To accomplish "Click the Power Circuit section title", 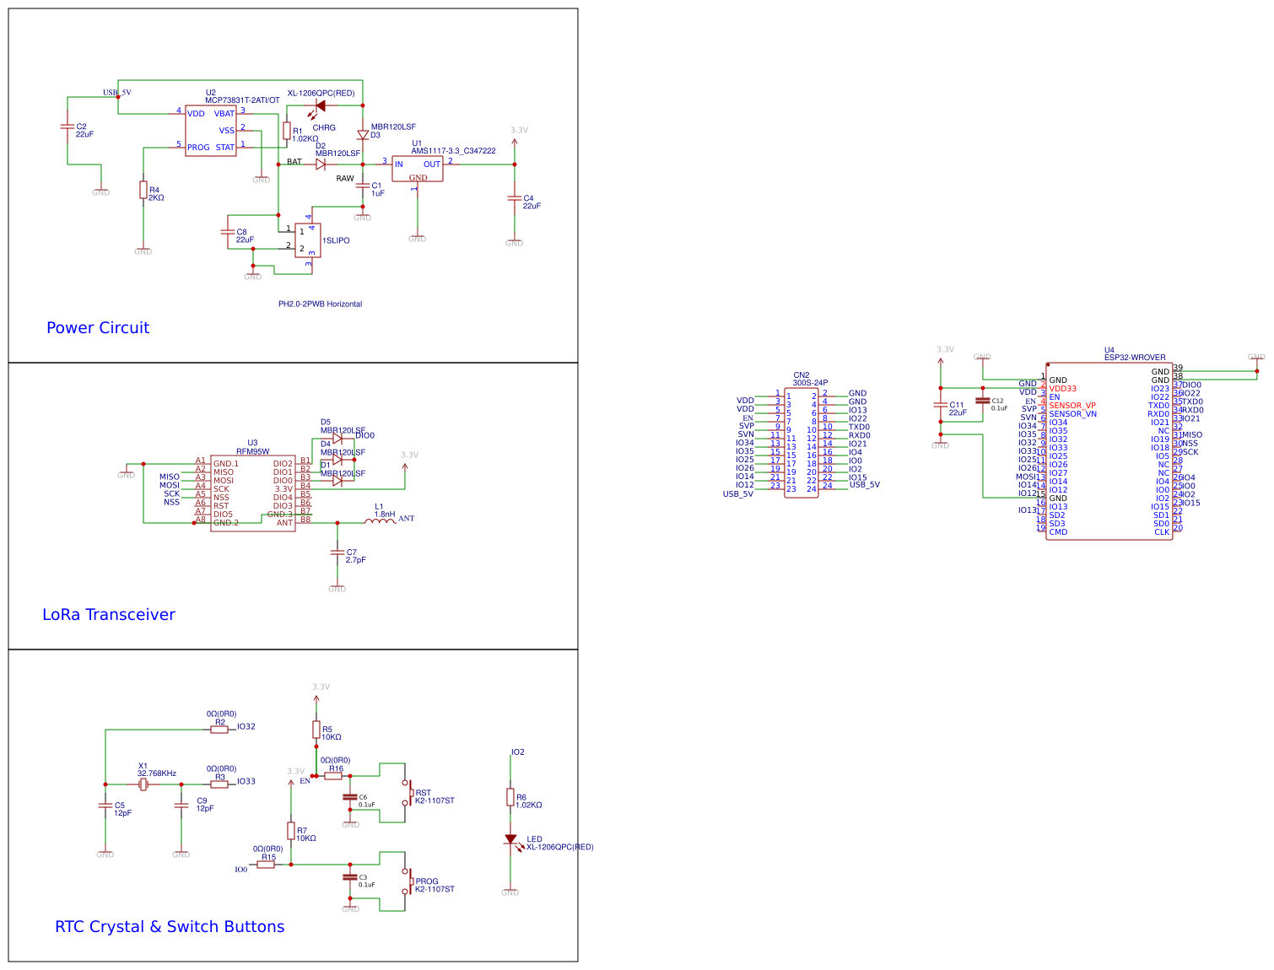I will click(98, 328).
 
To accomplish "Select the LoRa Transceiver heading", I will click(109, 615).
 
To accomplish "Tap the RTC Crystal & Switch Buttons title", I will click(170, 927).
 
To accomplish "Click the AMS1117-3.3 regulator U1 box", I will click(417, 168).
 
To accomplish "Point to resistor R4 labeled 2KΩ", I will click(143, 190).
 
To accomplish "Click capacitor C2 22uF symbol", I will click(67, 127).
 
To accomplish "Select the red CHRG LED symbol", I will click(320, 106).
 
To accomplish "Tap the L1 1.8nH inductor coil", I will click(380, 521).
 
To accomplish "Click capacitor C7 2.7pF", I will click(337, 553).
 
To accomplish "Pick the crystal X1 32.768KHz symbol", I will click(143, 784).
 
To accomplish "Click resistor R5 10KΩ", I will click(316, 729).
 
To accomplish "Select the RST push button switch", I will click(408, 793).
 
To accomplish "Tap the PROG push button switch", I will click(408, 881).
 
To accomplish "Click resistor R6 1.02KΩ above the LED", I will click(510, 796).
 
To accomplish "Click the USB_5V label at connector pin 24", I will click(864, 485).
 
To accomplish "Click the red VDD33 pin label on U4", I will click(1062, 389).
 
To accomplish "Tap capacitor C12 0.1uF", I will click(982, 401).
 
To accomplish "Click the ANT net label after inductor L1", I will click(406, 519).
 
